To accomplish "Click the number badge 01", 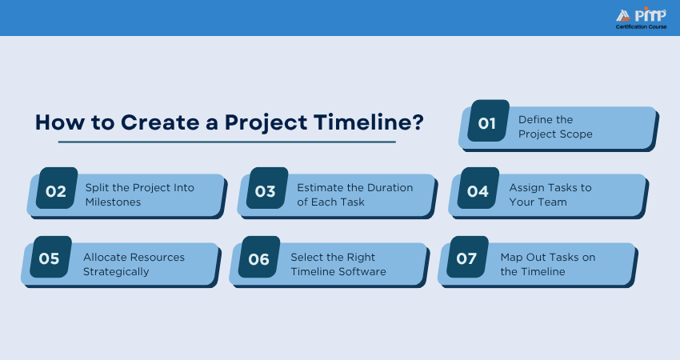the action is click(x=488, y=121).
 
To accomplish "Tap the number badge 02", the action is click(x=57, y=188).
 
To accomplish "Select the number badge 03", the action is click(x=267, y=188).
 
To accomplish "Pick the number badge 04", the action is click(x=478, y=188).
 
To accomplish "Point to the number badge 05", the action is click(x=50, y=257).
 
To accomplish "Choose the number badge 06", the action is click(x=259, y=257).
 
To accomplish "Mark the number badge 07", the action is click(x=467, y=257).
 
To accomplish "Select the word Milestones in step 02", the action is click(x=113, y=202).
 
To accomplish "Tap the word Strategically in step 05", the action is click(x=116, y=272).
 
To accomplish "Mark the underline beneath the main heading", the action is click(x=227, y=142).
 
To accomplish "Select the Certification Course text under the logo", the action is click(x=641, y=27).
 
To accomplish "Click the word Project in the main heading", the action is click(x=266, y=123).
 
